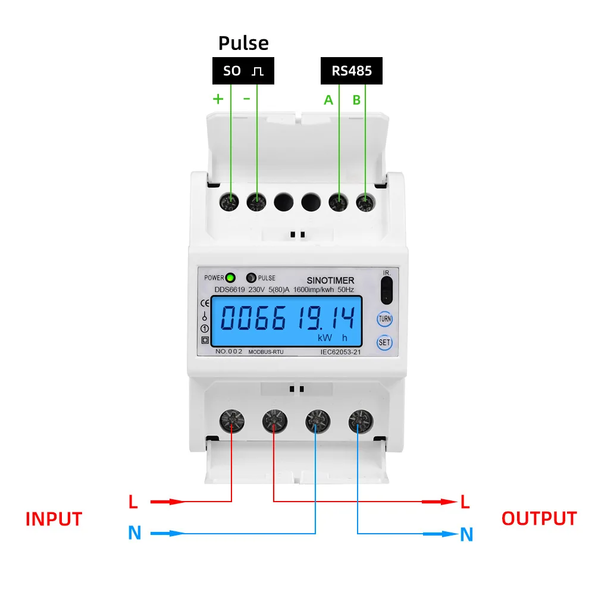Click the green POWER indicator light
click(230, 277)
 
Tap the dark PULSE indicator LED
click(251, 278)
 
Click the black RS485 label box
click(352, 71)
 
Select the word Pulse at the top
click(243, 43)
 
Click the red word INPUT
click(54, 519)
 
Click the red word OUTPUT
click(539, 518)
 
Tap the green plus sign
click(218, 99)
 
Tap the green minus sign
click(247, 98)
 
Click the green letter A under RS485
click(328, 100)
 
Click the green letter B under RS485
click(356, 100)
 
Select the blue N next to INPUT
click(135, 533)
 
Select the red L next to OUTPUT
click(465, 502)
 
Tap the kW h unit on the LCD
click(332, 338)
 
